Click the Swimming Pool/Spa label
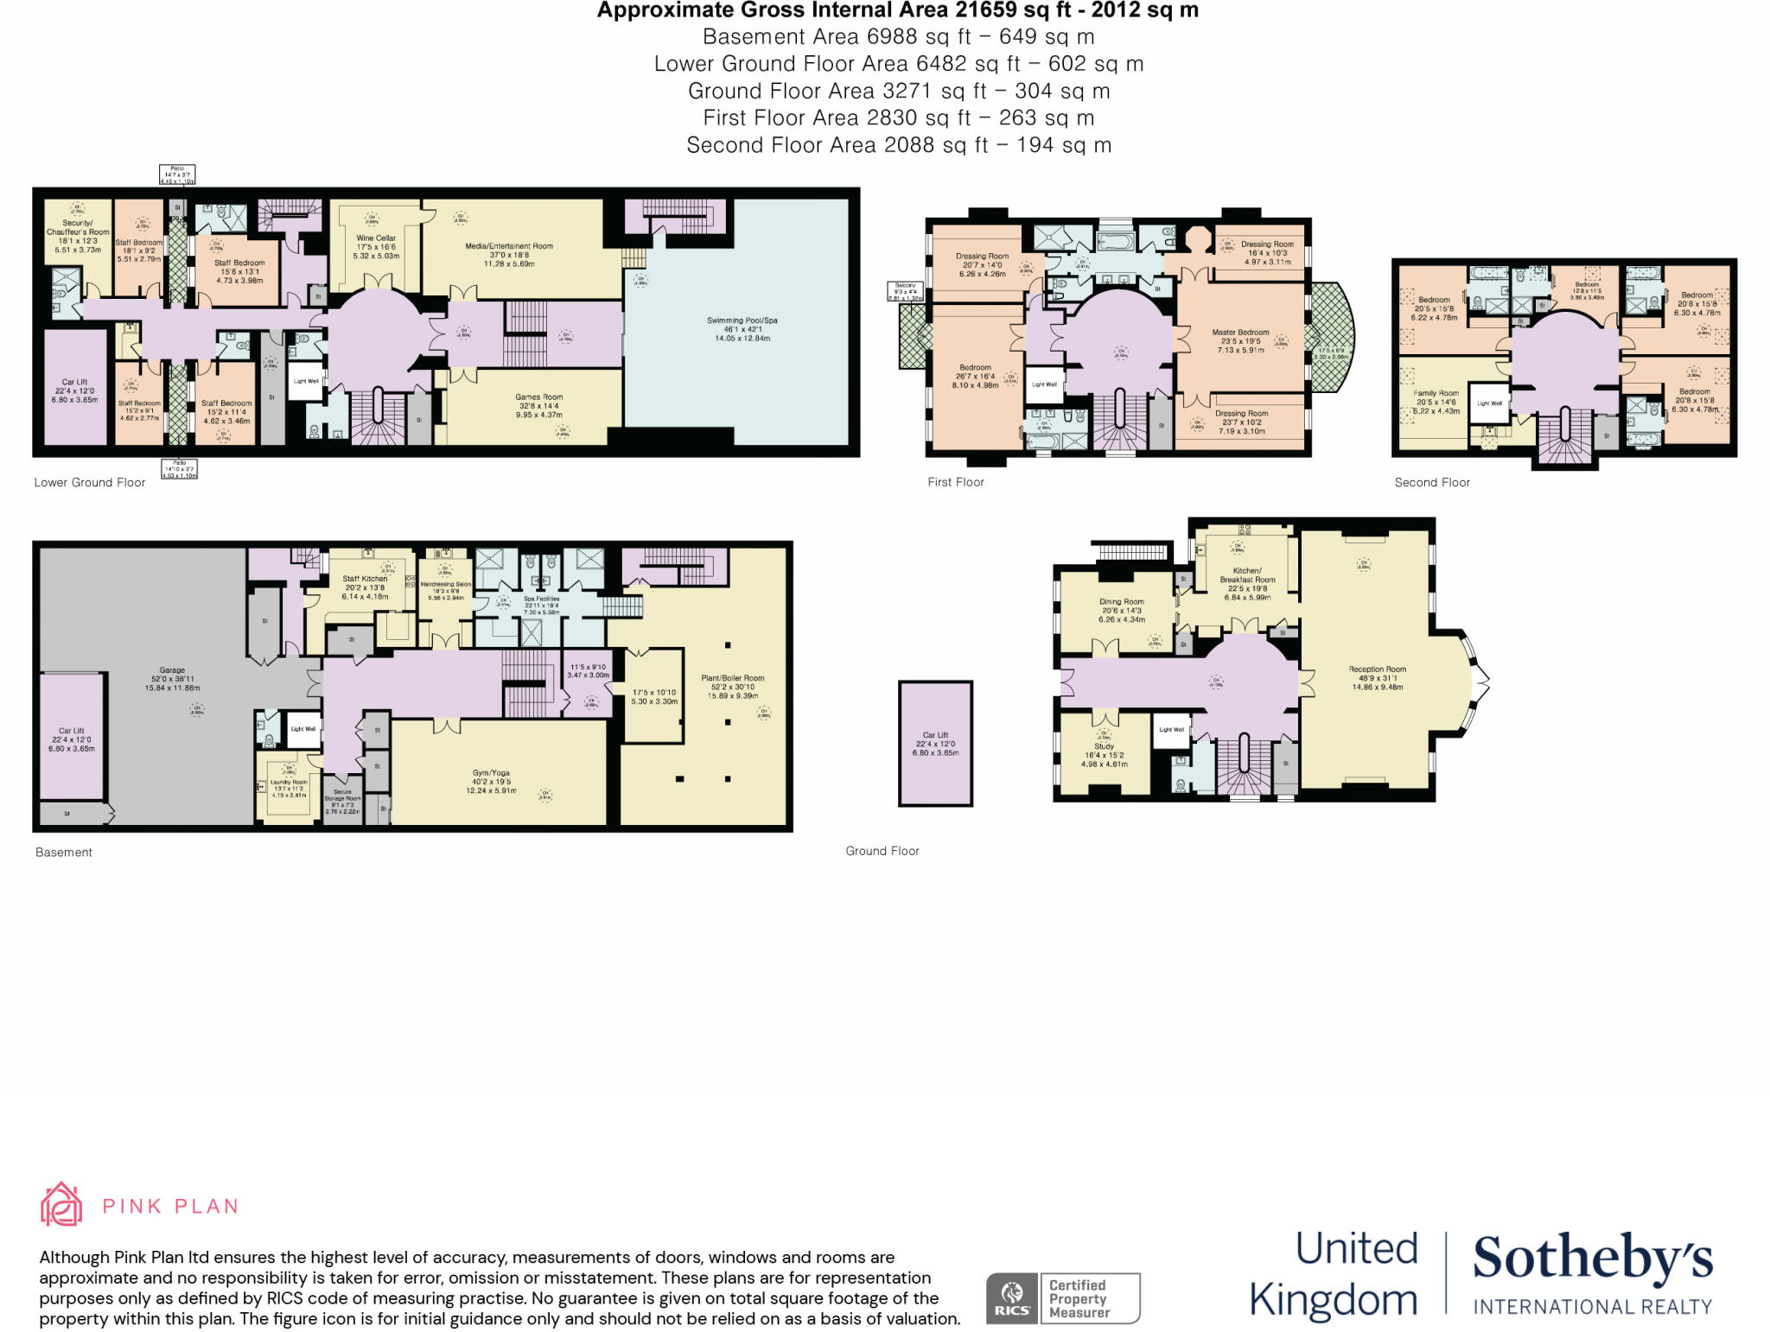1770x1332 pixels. point(742,320)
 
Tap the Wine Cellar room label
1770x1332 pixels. point(376,238)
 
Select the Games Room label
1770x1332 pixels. point(538,397)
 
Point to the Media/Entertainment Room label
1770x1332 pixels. point(509,246)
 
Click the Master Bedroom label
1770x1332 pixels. point(1240,333)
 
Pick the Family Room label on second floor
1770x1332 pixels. point(1436,393)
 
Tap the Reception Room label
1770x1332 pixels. point(1377,669)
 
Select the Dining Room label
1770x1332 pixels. point(1122,602)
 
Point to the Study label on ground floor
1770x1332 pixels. point(1104,746)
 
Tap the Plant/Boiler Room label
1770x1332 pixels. point(733,678)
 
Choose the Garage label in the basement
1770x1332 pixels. point(172,670)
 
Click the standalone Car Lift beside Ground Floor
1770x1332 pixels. point(935,744)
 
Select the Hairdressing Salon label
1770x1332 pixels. point(446,585)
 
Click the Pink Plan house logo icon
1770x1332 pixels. point(61,1204)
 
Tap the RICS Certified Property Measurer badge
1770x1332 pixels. point(1063,1298)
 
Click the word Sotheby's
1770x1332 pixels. point(1592,1260)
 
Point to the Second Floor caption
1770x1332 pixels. point(1431,483)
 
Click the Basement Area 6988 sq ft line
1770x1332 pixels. point(898,37)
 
